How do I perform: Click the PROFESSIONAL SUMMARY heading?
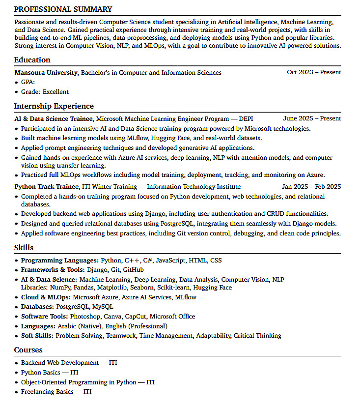63,9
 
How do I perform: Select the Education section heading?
32,60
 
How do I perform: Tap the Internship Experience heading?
54,106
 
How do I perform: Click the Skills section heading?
24,247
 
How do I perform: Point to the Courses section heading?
28,350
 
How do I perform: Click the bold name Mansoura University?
46,72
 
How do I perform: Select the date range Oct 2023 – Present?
314,72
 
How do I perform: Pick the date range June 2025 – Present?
312,118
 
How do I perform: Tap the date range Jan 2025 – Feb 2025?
311,187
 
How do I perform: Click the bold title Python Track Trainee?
46,187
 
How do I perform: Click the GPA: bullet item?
28,82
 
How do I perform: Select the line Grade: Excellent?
45,91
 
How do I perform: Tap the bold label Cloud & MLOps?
46,297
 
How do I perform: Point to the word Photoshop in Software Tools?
85,317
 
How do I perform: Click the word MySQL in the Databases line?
103,307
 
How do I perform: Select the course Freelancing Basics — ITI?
56,392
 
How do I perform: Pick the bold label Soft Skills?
37,336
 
